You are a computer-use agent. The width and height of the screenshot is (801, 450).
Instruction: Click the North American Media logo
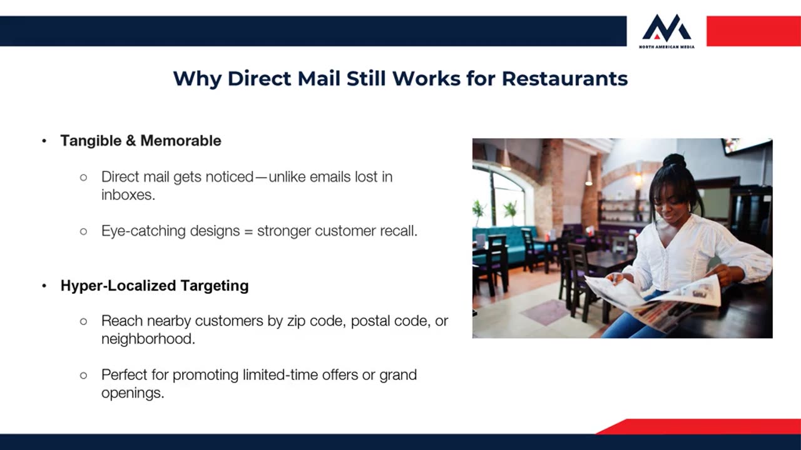(x=666, y=31)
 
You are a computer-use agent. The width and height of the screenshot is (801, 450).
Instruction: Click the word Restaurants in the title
(x=564, y=79)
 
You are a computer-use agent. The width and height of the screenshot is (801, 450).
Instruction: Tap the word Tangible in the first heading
(x=91, y=141)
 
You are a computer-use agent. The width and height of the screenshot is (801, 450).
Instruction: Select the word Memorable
(x=181, y=141)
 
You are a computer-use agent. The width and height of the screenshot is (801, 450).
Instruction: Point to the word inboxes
(x=128, y=195)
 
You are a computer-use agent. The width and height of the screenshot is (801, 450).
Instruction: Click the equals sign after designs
(x=248, y=231)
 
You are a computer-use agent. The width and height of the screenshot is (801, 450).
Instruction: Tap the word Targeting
(x=214, y=286)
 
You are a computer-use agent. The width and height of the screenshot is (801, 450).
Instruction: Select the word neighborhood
(x=148, y=339)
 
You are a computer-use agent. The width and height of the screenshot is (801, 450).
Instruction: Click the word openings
(x=133, y=393)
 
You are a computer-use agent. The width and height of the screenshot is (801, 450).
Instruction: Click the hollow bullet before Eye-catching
(x=83, y=231)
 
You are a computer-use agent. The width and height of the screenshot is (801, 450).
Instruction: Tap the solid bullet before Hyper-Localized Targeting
(x=44, y=286)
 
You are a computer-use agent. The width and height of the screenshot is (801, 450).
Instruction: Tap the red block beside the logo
(x=753, y=31)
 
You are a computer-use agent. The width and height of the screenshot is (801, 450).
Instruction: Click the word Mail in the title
(x=319, y=79)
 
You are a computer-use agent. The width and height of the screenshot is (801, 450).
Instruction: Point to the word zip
(x=296, y=321)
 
